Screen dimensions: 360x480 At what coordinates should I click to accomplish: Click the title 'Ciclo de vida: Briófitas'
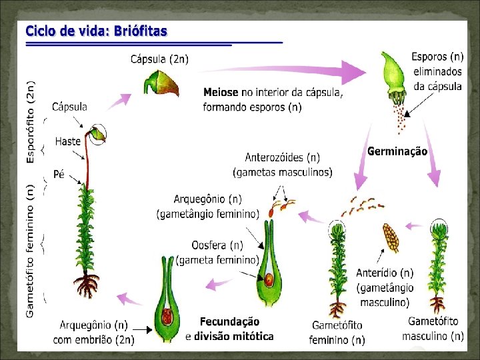97,31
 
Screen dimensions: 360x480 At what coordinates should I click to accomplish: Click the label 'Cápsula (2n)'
160,59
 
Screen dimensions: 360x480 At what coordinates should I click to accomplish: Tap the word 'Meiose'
220,93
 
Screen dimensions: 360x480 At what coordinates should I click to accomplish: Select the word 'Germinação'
397,151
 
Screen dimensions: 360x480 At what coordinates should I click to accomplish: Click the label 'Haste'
68,141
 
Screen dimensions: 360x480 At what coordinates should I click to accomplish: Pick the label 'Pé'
59,175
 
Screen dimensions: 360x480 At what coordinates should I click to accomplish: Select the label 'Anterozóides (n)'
282,158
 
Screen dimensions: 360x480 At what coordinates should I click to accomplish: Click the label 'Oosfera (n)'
217,245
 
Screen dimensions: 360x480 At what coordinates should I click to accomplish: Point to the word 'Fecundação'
230,322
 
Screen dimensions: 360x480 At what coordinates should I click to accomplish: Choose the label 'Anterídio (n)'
385,273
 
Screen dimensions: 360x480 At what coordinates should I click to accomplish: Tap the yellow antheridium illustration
390,237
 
